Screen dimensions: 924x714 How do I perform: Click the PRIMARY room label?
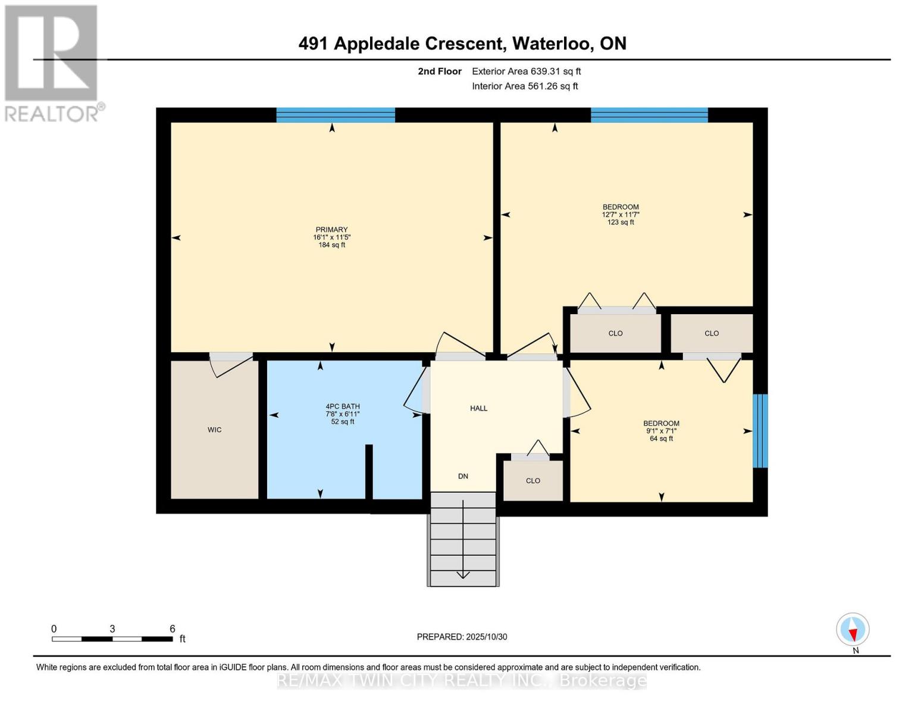tap(331, 229)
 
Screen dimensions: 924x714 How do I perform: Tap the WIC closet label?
tap(214, 430)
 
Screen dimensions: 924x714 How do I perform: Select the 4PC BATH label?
tap(342, 406)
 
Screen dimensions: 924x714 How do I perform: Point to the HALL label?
tap(478, 408)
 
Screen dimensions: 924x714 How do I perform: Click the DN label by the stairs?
tap(463, 476)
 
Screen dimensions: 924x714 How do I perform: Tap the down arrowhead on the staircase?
tap(463, 575)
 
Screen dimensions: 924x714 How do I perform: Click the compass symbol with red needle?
tap(853, 629)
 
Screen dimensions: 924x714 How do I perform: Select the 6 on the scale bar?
tap(172, 628)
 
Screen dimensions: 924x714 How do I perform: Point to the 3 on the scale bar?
tap(112, 628)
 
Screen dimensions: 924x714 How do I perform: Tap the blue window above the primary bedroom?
tap(336, 115)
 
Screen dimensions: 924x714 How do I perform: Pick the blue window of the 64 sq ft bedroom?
tap(760, 431)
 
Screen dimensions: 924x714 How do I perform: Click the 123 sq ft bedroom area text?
tap(621, 222)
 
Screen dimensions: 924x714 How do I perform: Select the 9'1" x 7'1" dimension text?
tap(661, 431)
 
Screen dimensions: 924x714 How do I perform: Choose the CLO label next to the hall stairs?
tap(533, 481)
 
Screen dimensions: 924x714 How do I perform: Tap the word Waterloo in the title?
tap(551, 43)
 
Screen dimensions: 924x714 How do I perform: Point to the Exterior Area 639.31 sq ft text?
tap(527, 71)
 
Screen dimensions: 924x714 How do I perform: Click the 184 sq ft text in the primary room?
tap(331, 245)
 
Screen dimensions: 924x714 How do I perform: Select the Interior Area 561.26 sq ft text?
tap(525, 86)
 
